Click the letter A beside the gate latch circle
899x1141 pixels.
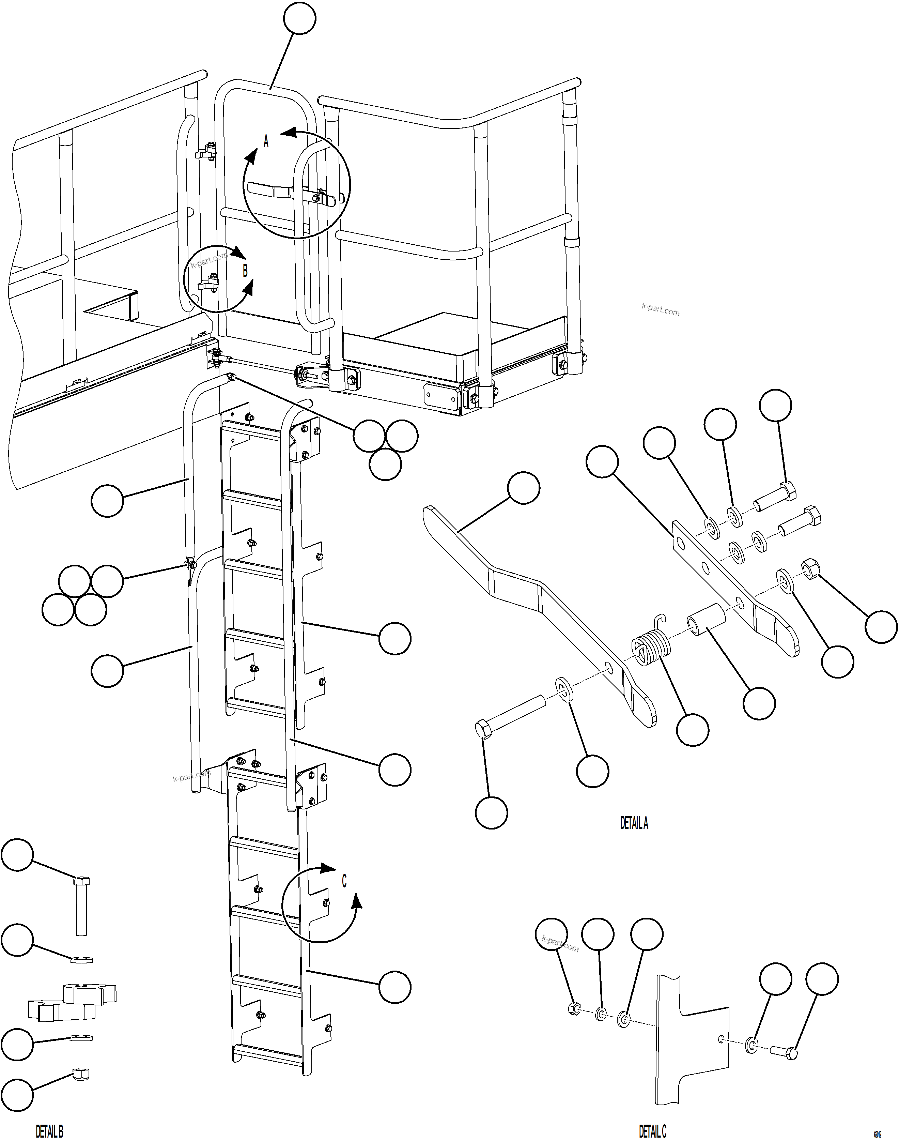pos(266,142)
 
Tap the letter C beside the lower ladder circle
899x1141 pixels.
pos(344,881)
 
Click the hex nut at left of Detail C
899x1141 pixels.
pos(574,1009)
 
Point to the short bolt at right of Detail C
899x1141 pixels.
pos(784,1050)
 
